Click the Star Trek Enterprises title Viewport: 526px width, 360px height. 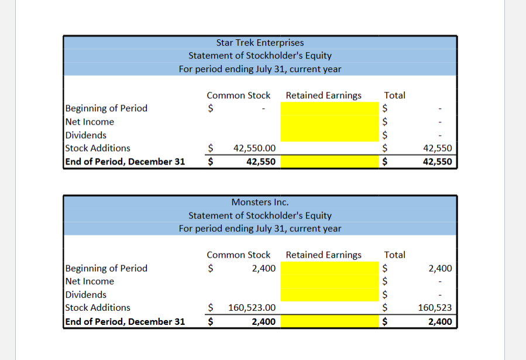tap(260, 42)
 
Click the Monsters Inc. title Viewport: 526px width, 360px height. tap(260, 202)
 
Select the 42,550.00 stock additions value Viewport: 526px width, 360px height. tap(255, 149)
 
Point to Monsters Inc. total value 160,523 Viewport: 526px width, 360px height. tap(434, 308)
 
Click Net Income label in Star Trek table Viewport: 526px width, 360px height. tap(90, 122)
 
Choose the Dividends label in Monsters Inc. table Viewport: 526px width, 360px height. tap(86, 294)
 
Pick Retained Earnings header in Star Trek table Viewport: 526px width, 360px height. tap(324, 95)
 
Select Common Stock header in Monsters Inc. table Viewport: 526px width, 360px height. tap(238, 255)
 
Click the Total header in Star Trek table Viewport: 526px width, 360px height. tap(394, 95)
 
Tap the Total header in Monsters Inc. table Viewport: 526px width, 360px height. tap(394, 255)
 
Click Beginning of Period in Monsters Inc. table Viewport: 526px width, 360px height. tap(106, 268)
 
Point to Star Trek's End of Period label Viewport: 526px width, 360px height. tap(125, 162)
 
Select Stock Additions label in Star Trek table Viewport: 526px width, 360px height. tap(98, 148)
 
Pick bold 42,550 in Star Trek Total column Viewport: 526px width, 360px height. tap(437, 162)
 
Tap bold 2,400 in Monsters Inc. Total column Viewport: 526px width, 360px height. tap(440, 321)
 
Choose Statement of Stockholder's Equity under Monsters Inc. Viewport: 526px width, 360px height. tap(260, 215)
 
